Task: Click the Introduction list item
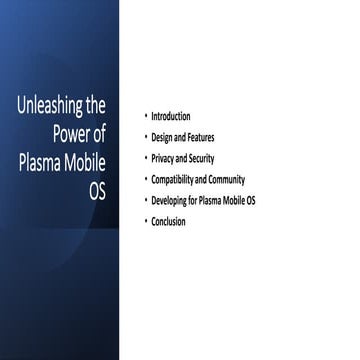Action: [172, 117]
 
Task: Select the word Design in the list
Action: [163, 138]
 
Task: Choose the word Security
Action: [201, 159]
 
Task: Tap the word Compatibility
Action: [178, 180]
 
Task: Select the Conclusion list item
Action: [170, 222]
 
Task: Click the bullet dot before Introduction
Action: [145, 117]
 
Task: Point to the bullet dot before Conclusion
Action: [145, 222]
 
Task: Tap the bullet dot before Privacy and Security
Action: [145, 159]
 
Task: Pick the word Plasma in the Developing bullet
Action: [220, 201]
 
